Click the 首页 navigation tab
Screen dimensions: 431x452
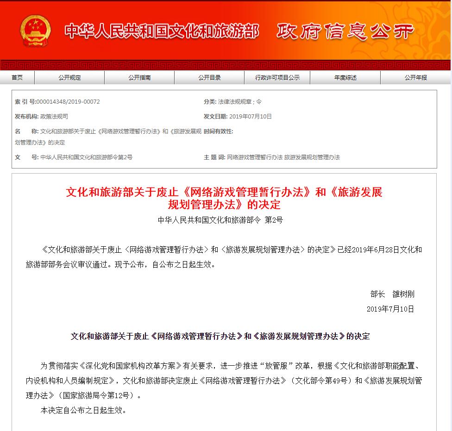(17, 78)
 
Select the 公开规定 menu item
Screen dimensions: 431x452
(69, 78)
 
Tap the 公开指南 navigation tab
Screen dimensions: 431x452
(139, 78)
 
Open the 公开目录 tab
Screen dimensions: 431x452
(209, 78)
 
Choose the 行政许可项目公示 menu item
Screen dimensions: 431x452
(277, 78)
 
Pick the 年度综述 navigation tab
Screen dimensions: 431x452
(345, 78)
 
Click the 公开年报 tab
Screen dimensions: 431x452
(415, 78)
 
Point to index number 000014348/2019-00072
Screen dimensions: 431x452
(68, 102)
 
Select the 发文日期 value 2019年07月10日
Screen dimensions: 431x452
(251, 117)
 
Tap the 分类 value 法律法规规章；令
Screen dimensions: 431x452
(240, 102)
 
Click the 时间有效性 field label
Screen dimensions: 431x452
(218, 131)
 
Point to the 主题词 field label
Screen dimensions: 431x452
(214, 157)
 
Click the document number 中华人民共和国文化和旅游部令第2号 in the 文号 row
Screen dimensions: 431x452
(86, 157)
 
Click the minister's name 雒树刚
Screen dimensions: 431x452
(403, 294)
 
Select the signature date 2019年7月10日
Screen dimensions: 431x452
(390, 309)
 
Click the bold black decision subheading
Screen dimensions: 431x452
(220, 337)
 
